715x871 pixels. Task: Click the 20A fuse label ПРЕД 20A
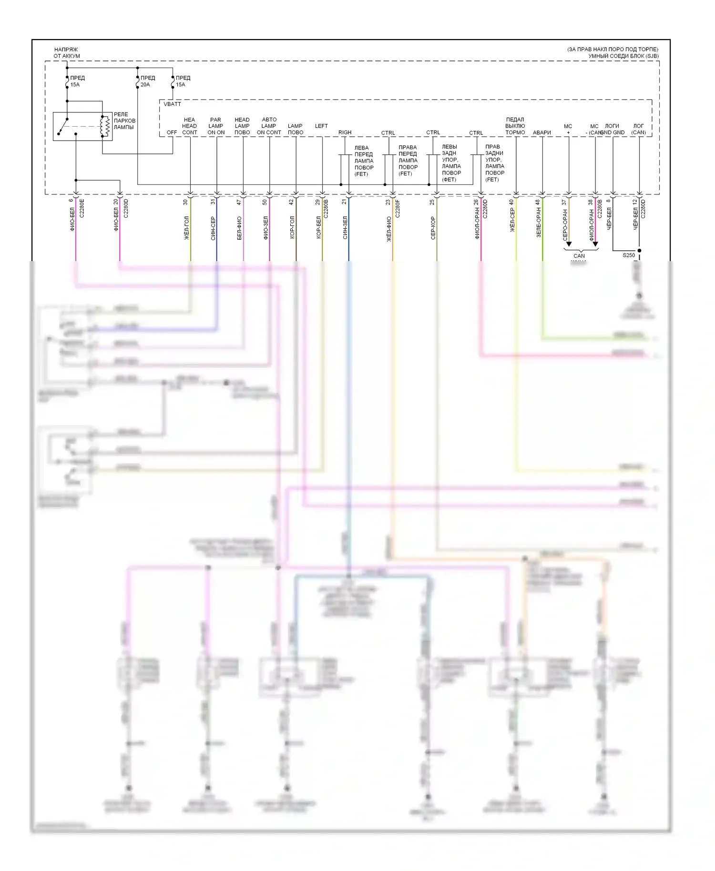pos(147,81)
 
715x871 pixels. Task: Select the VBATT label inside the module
pos(172,104)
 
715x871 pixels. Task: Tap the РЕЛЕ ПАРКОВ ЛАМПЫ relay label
pos(124,121)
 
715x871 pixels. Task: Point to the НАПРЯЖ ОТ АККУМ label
pos(66,53)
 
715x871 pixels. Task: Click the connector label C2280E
pos(82,208)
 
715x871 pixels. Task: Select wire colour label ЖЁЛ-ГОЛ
pos(186,228)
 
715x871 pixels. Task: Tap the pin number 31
pos(213,202)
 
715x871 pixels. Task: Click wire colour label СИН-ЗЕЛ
pos(345,227)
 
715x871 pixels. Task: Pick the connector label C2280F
pos(398,209)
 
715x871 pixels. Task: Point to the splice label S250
pos(629,255)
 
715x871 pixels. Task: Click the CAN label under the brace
pos(579,256)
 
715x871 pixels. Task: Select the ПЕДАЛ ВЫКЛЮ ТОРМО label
pos(515,126)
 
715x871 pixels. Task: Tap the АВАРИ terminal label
pos(541,132)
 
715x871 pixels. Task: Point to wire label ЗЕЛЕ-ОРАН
pos(539,225)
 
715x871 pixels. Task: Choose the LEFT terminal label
pos(321,126)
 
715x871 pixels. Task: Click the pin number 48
pos(538,202)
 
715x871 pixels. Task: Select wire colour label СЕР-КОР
pos(433,228)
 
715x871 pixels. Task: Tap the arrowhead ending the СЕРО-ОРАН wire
pos(569,244)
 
